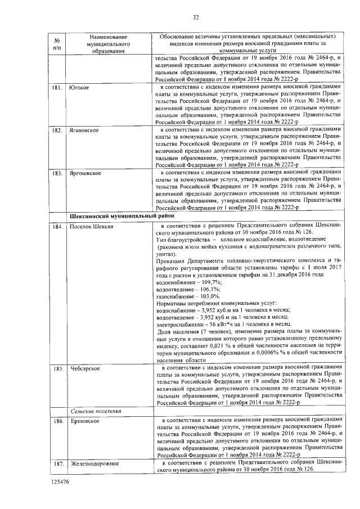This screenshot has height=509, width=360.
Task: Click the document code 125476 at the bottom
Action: tap(60, 482)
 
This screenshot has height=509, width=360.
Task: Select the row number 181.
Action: tap(57, 88)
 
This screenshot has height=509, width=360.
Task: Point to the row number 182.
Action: tap(57, 130)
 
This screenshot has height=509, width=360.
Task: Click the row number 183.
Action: tap(57, 173)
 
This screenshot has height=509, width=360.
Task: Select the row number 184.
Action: tap(57, 226)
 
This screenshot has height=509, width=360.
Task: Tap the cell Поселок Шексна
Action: tap(91, 226)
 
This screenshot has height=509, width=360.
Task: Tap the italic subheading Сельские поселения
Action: tap(96, 411)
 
